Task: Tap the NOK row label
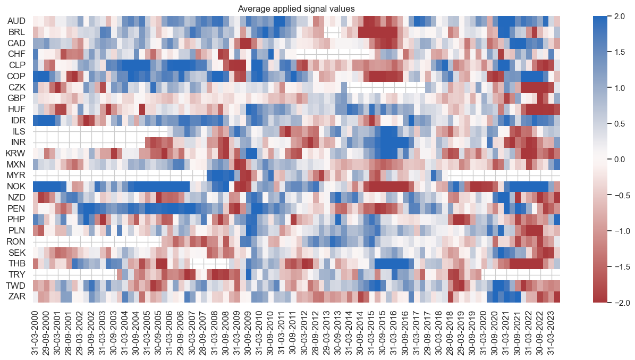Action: [16, 187]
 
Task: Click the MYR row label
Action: [16, 175]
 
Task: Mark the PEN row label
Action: [16, 208]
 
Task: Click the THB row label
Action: [16, 264]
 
